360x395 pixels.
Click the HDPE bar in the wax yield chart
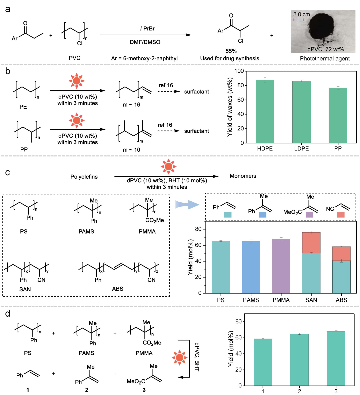[x=265, y=111]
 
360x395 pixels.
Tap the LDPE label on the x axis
[x=301, y=149]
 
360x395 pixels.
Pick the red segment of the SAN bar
[x=311, y=243]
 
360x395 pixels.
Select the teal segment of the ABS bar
[x=341, y=277]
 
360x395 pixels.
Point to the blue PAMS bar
[x=251, y=267]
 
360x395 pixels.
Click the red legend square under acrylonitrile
[x=341, y=215]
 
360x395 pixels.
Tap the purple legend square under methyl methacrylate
[x=309, y=215]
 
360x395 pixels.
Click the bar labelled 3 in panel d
[x=336, y=358]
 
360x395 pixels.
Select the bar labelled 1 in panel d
[x=263, y=362]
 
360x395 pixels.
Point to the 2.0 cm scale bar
[x=298, y=20]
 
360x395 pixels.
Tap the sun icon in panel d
[x=179, y=358]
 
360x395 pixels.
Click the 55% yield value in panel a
[x=231, y=51]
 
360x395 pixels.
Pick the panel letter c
[x=7, y=172]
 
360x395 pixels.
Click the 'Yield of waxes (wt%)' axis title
[x=230, y=107]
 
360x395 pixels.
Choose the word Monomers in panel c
[x=243, y=176]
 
